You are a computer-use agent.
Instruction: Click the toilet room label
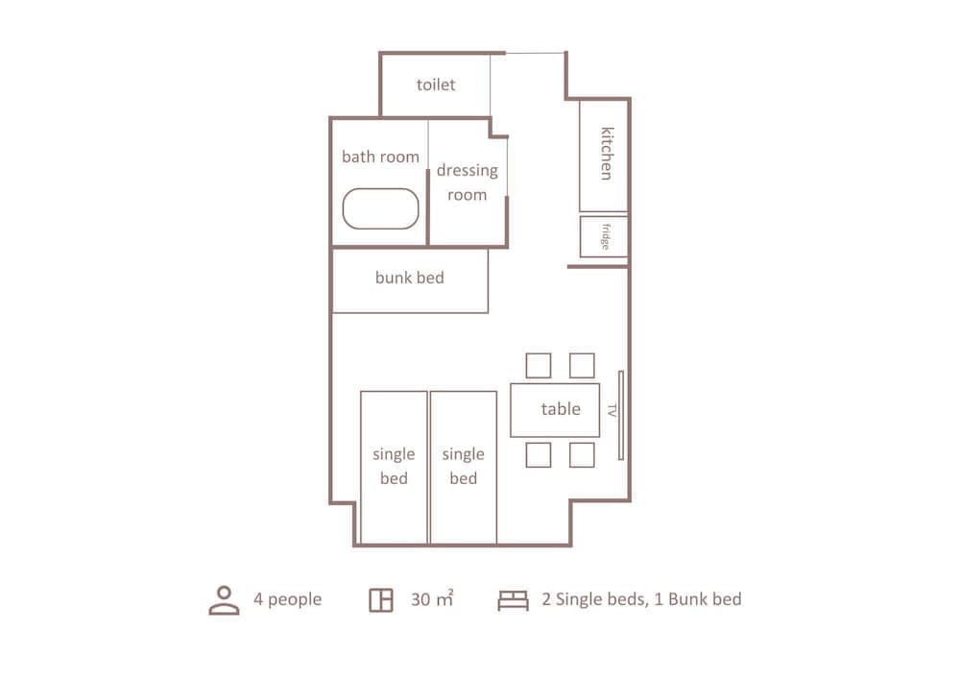coord(435,85)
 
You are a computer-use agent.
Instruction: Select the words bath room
coord(380,157)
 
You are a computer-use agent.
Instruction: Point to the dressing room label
coord(468,182)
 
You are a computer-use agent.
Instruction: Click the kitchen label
coord(606,153)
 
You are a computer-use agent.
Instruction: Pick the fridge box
coord(604,236)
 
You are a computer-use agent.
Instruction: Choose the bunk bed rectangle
coord(410,280)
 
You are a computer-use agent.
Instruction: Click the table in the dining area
coord(555,410)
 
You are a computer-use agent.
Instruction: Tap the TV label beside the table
coord(612,410)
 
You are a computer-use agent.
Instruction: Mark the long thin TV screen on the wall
coord(621,415)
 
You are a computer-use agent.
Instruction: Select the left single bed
coord(394,467)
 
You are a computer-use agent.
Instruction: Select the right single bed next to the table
coord(464,467)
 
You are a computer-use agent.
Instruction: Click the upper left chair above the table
coord(539,366)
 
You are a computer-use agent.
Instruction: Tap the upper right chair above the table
coord(582,366)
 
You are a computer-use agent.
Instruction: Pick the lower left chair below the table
coord(539,455)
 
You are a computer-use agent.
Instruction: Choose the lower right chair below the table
coord(582,455)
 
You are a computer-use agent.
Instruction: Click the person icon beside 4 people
coord(224,600)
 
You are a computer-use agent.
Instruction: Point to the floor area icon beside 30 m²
coord(381,600)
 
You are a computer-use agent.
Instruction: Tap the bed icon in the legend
coord(513,600)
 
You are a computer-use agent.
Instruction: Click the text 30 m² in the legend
coord(432,598)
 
